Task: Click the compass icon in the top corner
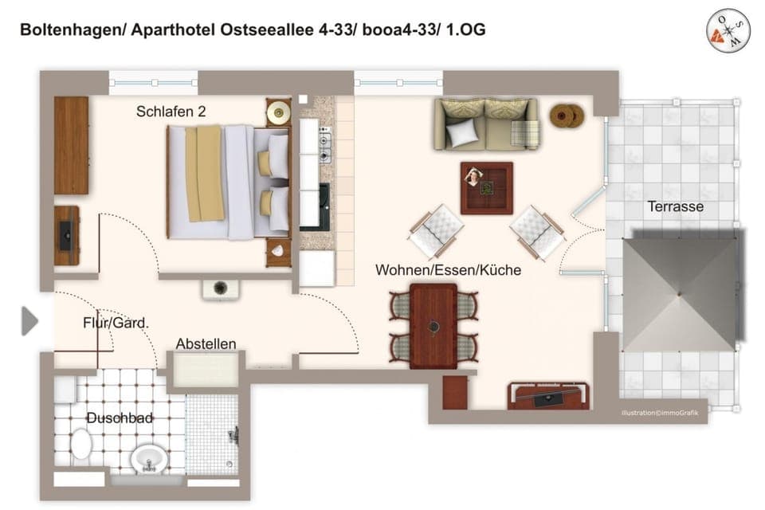pyautogui.click(x=728, y=30)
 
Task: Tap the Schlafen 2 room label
pyautogui.click(x=171, y=112)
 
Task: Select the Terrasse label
pyautogui.click(x=675, y=206)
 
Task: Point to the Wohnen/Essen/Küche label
pyautogui.click(x=448, y=270)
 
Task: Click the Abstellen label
pyautogui.click(x=206, y=343)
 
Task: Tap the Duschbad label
pyautogui.click(x=120, y=418)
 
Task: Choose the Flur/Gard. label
pyautogui.click(x=116, y=323)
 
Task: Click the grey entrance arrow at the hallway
pyautogui.click(x=29, y=321)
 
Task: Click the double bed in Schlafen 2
pyautogui.click(x=227, y=182)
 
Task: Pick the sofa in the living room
pyautogui.click(x=486, y=124)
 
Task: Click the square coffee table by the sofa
pyautogui.click(x=486, y=187)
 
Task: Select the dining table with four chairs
pyautogui.click(x=433, y=326)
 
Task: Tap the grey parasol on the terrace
pyautogui.click(x=680, y=292)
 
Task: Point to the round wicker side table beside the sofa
pyautogui.click(x=567, y=116)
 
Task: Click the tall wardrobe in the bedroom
pyautogui.click(x=71, y=145)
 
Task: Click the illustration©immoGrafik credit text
pyautogui.click(x=660, y=413)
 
